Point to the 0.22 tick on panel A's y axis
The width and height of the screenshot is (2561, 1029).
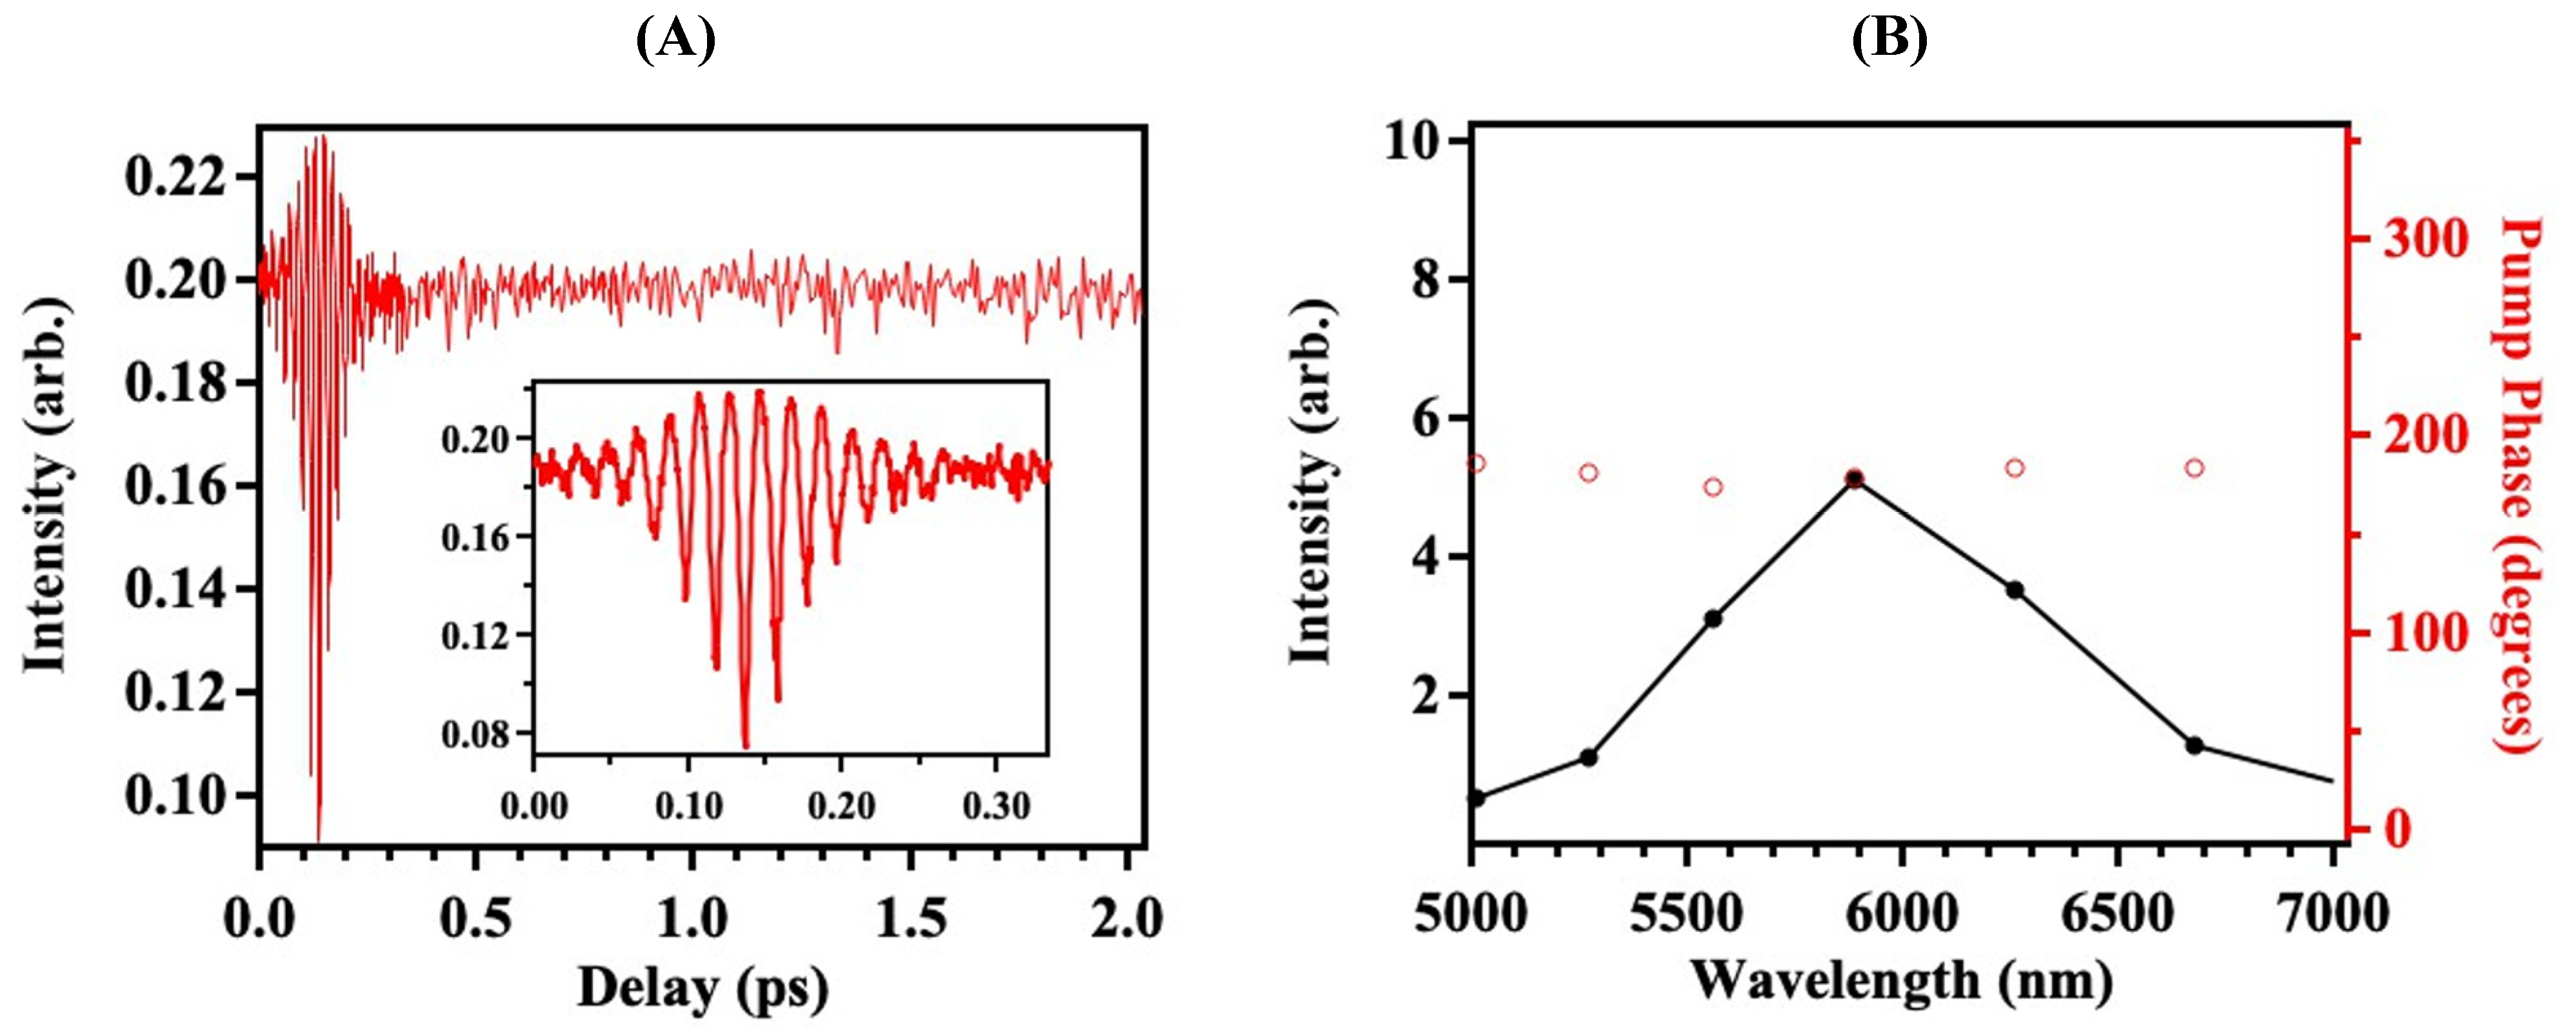[174, 179]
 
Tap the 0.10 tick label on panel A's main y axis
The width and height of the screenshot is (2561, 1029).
[174, 795]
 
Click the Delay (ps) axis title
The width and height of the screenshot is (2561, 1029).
[703, 988]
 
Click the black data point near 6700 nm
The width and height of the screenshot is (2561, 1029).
[2194, 744]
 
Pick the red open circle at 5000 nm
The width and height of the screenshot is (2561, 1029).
[1477, 463]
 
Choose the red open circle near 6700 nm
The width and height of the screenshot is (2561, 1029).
[2194, 467]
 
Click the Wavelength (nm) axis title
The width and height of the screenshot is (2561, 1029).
[1902, 983]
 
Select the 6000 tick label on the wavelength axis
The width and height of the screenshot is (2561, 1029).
[1902, 913]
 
